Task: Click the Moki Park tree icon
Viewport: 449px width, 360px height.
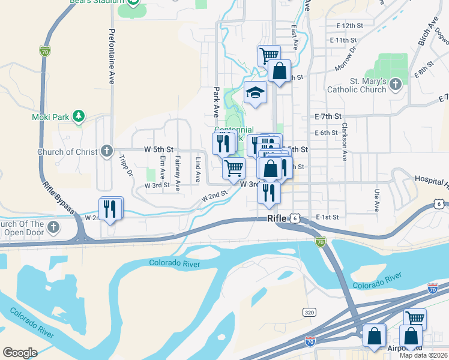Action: click(78, 115)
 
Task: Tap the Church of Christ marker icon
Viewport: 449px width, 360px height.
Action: click(106, 151)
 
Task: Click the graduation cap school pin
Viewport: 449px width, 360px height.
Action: click(255, 93)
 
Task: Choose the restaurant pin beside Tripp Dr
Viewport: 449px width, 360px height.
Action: click(112, 208)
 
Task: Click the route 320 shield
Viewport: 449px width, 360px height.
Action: click(309, 313)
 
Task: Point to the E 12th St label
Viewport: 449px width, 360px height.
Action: click(351, 26)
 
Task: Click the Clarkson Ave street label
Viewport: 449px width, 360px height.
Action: click(345, 142)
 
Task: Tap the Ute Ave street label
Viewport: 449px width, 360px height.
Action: click(377, 200)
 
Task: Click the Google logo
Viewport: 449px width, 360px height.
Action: click(20, 353)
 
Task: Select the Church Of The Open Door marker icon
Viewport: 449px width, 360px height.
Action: click(53, 226)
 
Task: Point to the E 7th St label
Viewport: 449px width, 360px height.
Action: click(328, 116)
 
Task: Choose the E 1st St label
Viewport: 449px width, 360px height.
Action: click(327, 217)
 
